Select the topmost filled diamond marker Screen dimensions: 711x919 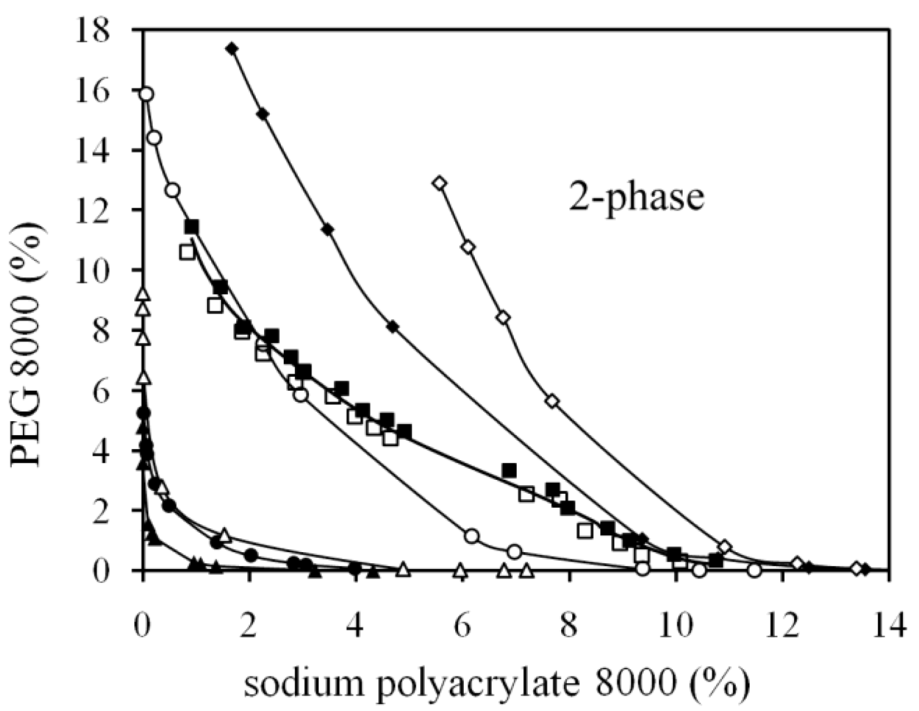[232, 49]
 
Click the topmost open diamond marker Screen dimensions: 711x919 [440, 183]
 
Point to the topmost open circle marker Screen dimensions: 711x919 [147, 94]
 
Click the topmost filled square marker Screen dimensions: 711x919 [192, 227]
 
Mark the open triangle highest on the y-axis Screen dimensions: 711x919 [143, 294]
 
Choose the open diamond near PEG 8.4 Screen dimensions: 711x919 [504, 318]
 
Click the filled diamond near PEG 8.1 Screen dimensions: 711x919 [393, 327]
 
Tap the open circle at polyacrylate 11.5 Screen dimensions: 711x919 [755, 570]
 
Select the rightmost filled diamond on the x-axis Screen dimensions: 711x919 [865, 569]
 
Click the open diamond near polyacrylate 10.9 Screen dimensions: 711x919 [724, 547]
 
